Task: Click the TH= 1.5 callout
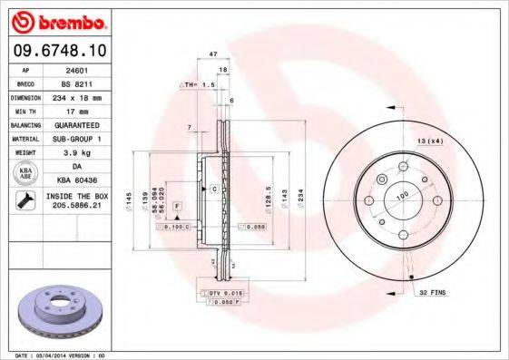coord(199,84)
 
